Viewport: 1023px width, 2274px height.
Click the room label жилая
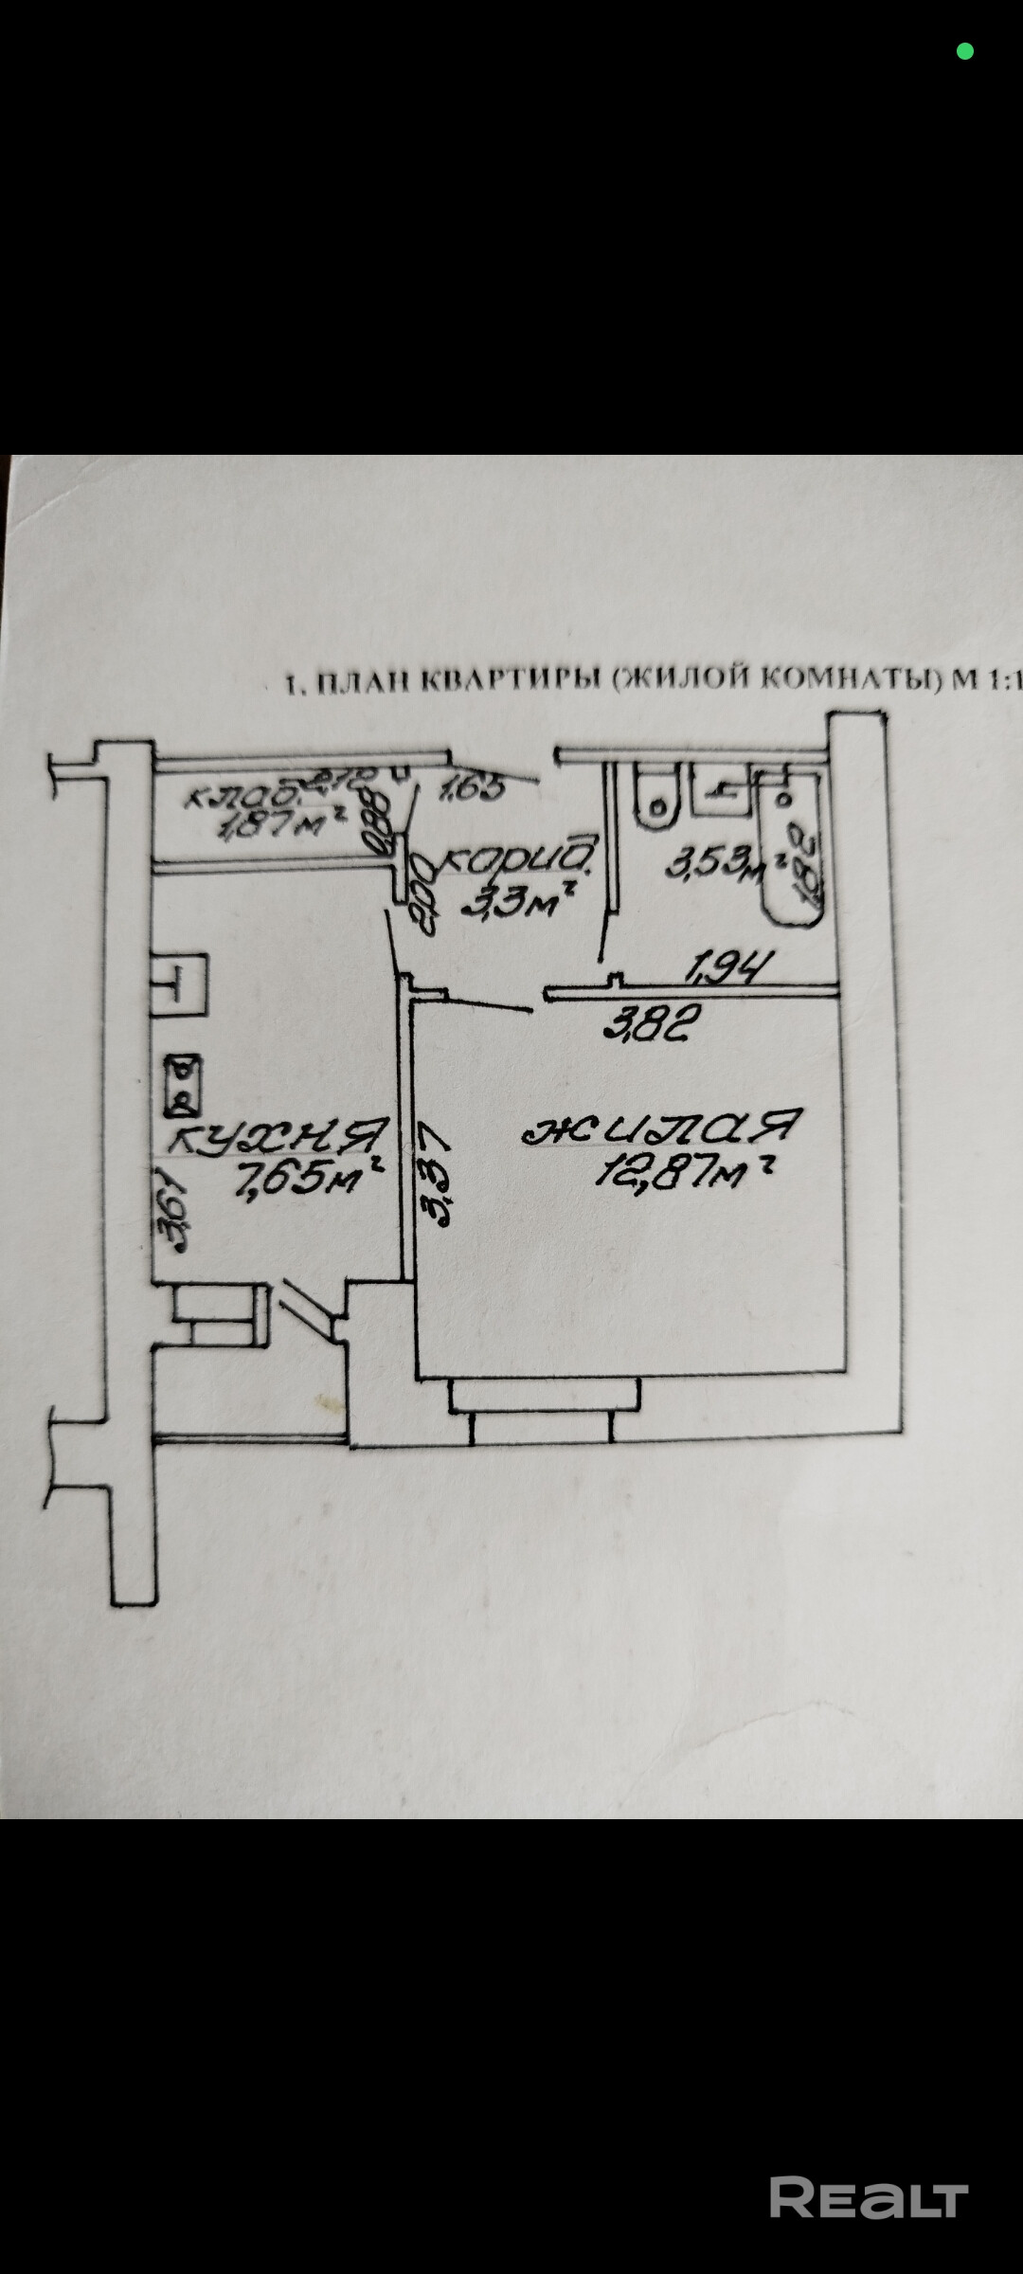(662, 1128)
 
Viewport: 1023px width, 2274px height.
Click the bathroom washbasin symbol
(723, 790)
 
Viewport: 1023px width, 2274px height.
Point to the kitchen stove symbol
(182, 1086)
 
